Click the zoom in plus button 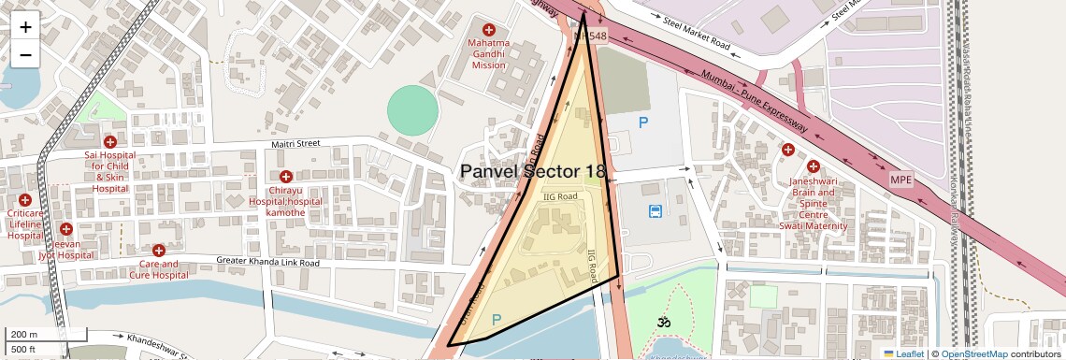point(25,26)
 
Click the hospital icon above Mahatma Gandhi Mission point(488,30)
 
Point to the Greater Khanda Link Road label point(267,263)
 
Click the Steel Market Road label point(696,31)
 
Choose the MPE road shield point(900,178)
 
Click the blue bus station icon point(655,211)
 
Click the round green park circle point(412,110)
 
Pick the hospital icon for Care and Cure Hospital point(158,251)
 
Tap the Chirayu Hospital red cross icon point(286,177)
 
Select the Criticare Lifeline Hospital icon point(25,200)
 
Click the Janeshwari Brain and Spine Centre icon point(788,150)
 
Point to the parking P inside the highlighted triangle point(497,320)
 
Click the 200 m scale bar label point(24,335)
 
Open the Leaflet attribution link point(903,354)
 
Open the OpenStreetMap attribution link point(973,354)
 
